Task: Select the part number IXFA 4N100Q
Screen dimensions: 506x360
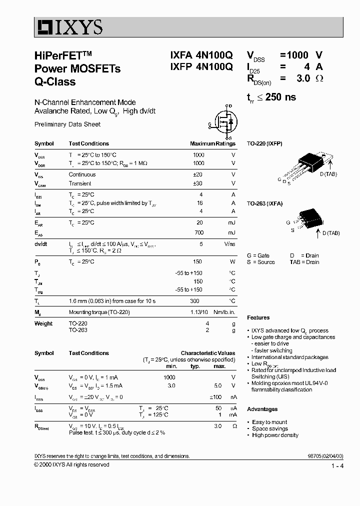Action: [198, 55]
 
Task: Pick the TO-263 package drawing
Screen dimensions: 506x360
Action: [306, 219]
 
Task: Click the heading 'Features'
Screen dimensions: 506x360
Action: [258, 317]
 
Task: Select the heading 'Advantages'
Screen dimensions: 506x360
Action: [262, 409]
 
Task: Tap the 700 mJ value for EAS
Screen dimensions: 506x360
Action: [199, 232]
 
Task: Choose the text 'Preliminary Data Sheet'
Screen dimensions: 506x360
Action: [67, 124]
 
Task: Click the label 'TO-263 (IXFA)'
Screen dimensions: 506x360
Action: [264, 203]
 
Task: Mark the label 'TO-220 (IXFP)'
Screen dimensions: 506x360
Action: [264, 143]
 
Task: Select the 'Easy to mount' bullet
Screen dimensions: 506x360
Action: [269, 422]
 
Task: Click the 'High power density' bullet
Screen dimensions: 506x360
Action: [275, 435]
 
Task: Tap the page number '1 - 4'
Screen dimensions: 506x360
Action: [337, 466]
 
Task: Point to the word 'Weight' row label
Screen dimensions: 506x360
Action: [43, 323]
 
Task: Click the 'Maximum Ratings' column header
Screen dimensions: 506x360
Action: [212, 143]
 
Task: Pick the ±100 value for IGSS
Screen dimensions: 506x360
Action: [215, 397]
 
